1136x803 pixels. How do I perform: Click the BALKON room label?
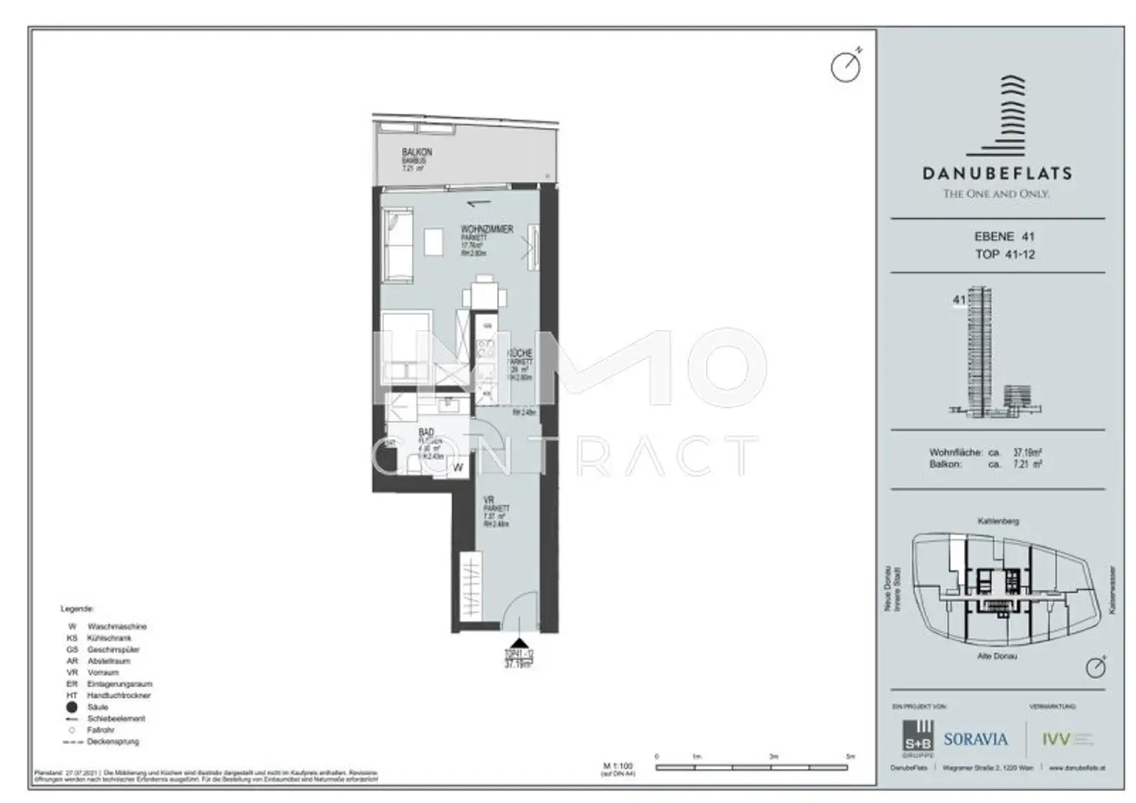(416, 152)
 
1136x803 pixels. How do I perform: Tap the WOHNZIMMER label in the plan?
(487, 230)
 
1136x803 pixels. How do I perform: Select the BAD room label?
(426, 432)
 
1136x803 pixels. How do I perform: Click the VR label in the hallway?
(489, 501)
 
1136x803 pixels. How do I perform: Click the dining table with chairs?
(484, 295)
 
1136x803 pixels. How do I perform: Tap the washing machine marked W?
(458, 467)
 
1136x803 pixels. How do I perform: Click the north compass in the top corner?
(845, 67)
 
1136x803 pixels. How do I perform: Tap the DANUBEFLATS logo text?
(996, 174)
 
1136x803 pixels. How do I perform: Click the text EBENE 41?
(1004, 237)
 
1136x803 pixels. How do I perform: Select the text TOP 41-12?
(1004, 255)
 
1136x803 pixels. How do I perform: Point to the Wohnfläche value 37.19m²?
(1027, 452)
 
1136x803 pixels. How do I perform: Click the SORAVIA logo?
(976, 739)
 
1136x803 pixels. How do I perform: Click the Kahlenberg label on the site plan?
(998, 522)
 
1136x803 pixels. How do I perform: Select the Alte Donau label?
(997, 656)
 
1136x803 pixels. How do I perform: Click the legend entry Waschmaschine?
(117, 626)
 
